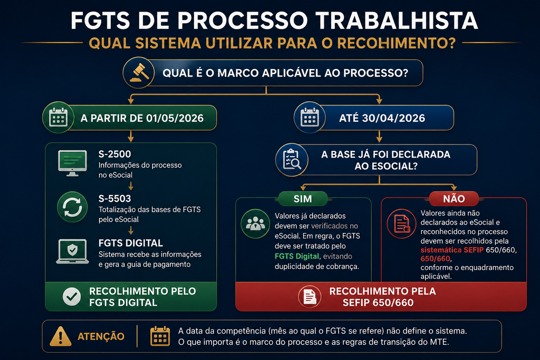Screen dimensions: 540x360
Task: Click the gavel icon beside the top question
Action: [139, 73]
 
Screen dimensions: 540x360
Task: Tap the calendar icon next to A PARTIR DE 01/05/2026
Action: [58, 118]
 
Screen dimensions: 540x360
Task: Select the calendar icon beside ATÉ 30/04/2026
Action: [310, 118]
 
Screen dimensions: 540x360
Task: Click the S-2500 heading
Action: [114, 154]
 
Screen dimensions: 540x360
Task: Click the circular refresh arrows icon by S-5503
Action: [72, 207]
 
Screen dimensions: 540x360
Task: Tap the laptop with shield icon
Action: [72, 251]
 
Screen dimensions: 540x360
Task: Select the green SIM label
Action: [303, 199]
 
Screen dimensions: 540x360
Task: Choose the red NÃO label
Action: [454, 199]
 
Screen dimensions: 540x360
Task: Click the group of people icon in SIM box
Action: [255, 223]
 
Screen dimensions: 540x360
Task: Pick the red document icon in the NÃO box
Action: [401, 223]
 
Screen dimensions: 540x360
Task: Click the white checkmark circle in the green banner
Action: [72, 296]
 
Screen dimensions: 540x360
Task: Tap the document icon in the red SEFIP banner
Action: [310, 297]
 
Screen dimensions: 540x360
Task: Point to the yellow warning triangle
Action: [61, 336]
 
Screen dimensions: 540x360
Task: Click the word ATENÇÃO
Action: [101, 336]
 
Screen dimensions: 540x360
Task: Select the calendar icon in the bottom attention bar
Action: [160, 336]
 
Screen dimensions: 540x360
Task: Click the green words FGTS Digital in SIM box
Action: [297, 256]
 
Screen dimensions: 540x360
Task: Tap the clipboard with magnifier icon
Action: [292, 159]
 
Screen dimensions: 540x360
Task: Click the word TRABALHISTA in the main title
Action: [397, 21]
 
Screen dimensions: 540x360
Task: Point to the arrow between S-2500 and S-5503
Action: [131, 186]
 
